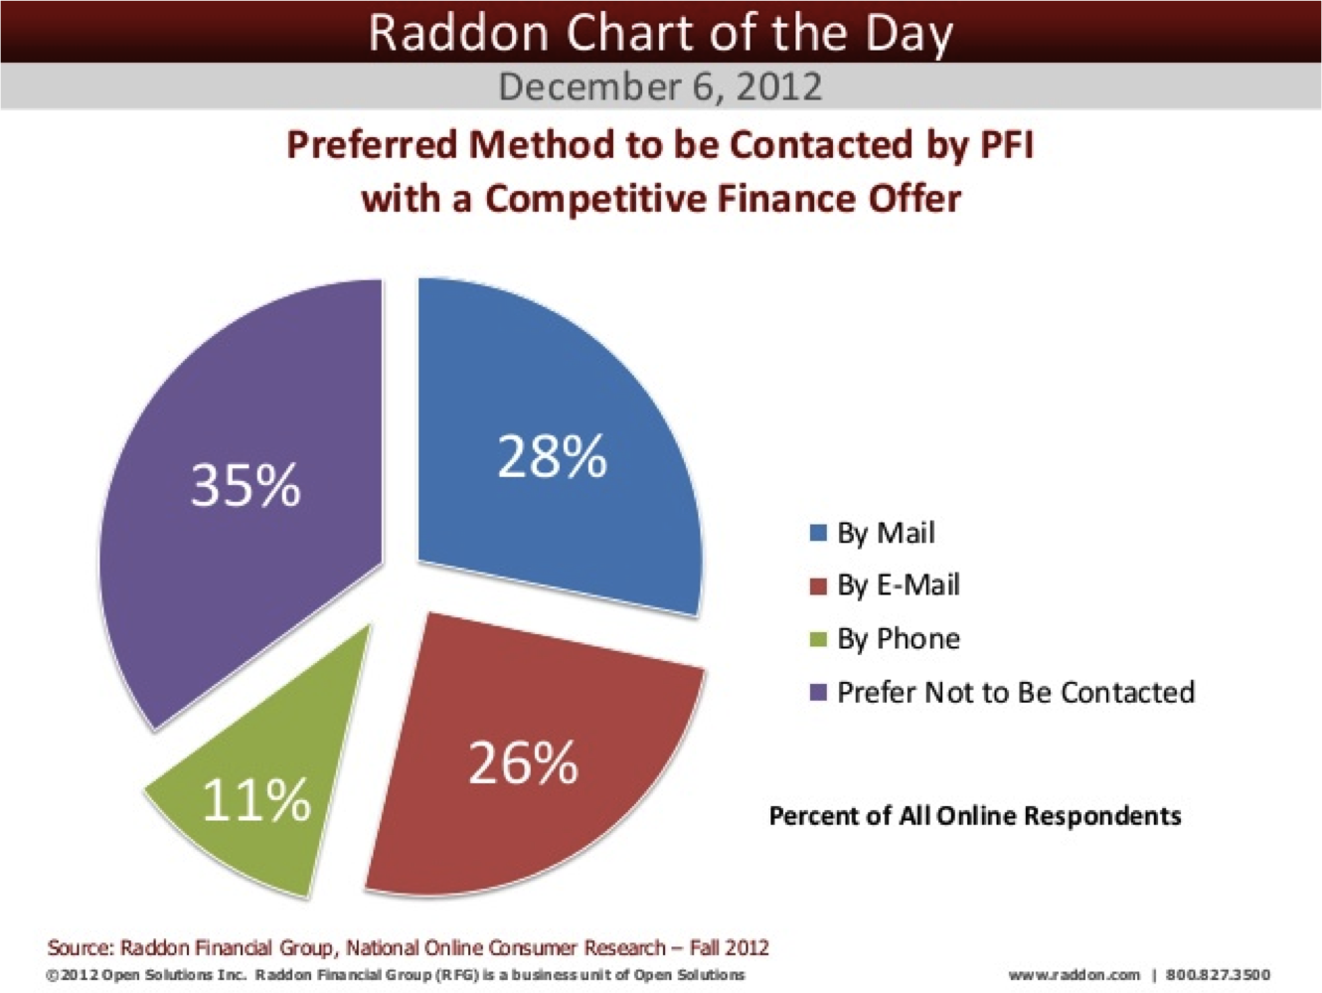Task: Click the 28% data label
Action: pyautogui.click(x=552, y=457)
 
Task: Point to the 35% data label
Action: pyautogui.click(x=246, y=486)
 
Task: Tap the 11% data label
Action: pyautogui.click(x=256, y=800)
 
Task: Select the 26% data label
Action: pyautogui.click(x=523, y=763)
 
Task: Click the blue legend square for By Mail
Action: pyautogui.click(x=818, y=533)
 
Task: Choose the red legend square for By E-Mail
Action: pyautogui.click(x=818, y=585)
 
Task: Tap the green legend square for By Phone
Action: pyautogui.click(x=818, y=638)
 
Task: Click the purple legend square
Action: pyautogui.click(x=818, y=692)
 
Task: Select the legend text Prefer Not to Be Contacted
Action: pyautogui.click(x=1015, y=692)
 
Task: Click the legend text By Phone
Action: pyautogui.click(x=899, y=638)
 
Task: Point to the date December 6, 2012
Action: pyautogui.click(x=660, y=86)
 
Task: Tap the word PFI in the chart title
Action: pyautogui.click(x=1007, y=145)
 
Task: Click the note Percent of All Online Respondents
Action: pyautogui.click(x=975, y=816)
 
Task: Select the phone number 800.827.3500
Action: pyautogui.click(x=1218, y=975)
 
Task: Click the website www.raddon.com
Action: pyautogui.click(x=1074, y=975)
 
